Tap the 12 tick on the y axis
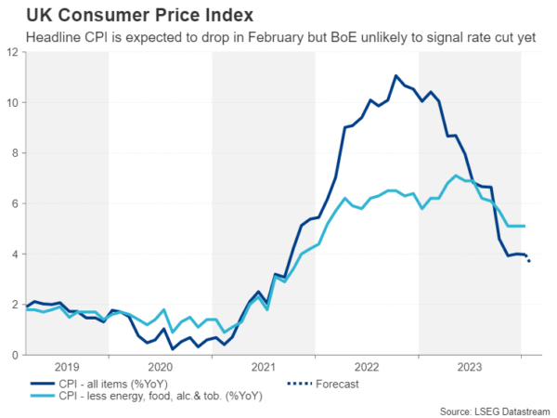[12, 52]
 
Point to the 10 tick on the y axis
[12, 102]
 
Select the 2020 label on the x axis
[161, 366]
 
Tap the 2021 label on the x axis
[264, 366]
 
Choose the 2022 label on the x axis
[367, 366]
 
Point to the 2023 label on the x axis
[470, 366]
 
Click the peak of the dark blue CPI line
[396, 76]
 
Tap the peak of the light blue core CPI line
[457, 176]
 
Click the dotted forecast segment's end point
[529, 261]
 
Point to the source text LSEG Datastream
[496, 410]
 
